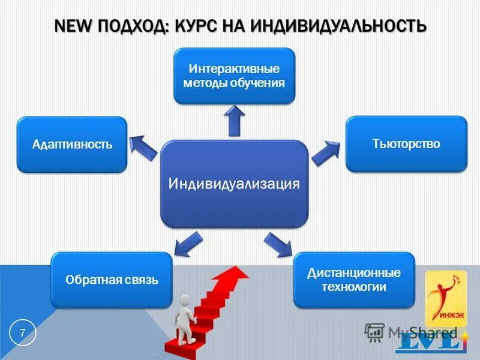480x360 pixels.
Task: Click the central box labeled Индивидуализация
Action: pyautogui.click(x=234, y=184)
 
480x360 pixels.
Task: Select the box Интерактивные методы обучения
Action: pyautogui.click(x=234, y=76)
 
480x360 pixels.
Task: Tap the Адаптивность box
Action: pyautogui.click(x=72, y=145)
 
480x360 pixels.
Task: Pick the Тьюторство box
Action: pyautogui.click(x=406, y=144)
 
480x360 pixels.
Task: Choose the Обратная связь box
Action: pyautogui.click(x=112, y=280)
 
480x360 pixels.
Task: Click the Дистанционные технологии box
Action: pyautogui.click(x=354, y=280)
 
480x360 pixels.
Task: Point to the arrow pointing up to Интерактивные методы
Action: pyautogui.click(x=235, y=122)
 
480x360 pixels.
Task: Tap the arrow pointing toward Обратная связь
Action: pyautogui.click(x=188, y=243)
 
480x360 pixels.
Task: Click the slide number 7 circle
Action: pyautogui.click(x=23, y=334)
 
